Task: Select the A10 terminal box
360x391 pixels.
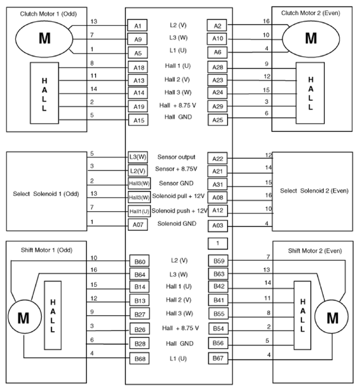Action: [x=217, y=39]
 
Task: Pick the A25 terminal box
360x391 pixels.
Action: [x=217, y=119]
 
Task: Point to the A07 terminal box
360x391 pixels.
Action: [x=138, y=225]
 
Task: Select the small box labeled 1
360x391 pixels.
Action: [x=217, y=243]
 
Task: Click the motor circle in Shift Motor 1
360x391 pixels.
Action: [x=23, y=318]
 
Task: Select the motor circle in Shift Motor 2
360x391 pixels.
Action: [x=332, y=318]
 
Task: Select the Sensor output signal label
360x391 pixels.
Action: [x=177, y=158]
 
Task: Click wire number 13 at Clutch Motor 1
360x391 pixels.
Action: [x=94, y=21]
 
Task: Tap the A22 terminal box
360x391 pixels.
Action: [x=217, y=159]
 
